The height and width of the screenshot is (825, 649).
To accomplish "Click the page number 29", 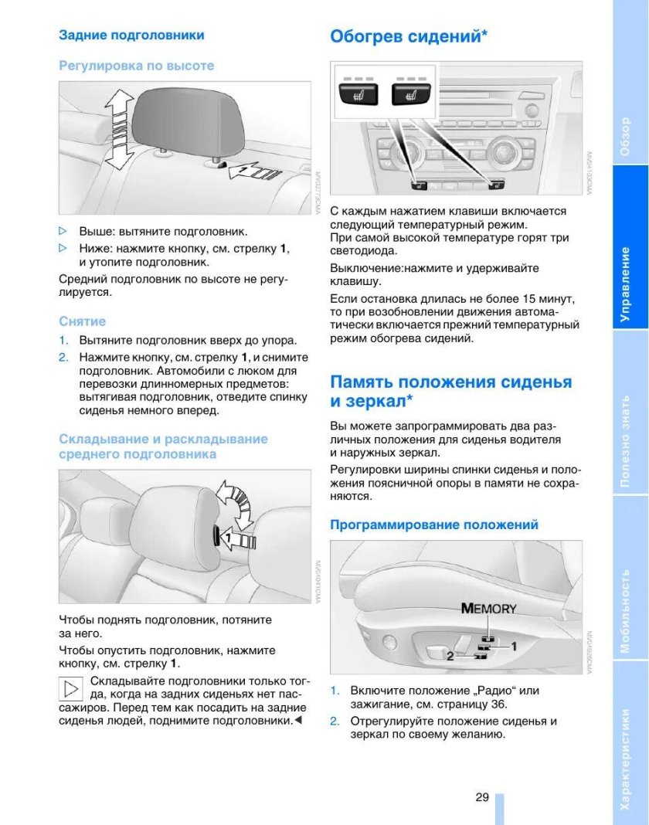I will (x=482, y=797).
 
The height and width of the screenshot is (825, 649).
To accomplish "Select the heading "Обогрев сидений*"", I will (x=409, y=36).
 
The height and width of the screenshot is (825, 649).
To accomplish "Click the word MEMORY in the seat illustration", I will (x=488, y=608).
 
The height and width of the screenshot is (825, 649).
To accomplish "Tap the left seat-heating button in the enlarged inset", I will (x=356, y=96).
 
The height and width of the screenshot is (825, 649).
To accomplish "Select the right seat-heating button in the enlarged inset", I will (x=409, y=96).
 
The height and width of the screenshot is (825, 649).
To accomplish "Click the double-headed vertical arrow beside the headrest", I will (x=118, y=128).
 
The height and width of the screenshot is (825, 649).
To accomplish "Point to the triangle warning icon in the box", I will (x=71, y=688).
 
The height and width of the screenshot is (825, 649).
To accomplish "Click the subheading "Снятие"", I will (x=83, y=321).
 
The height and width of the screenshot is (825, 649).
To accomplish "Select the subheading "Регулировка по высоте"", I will (x=137, y=66).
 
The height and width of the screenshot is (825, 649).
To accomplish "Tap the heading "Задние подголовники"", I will (x=132, y=35).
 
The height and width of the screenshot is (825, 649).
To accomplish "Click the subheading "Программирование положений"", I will (x=434, y=525).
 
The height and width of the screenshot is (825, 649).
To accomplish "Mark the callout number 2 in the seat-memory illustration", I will (x=450, y=656).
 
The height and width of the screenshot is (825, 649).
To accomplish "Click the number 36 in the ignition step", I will (x=498, y=704).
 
